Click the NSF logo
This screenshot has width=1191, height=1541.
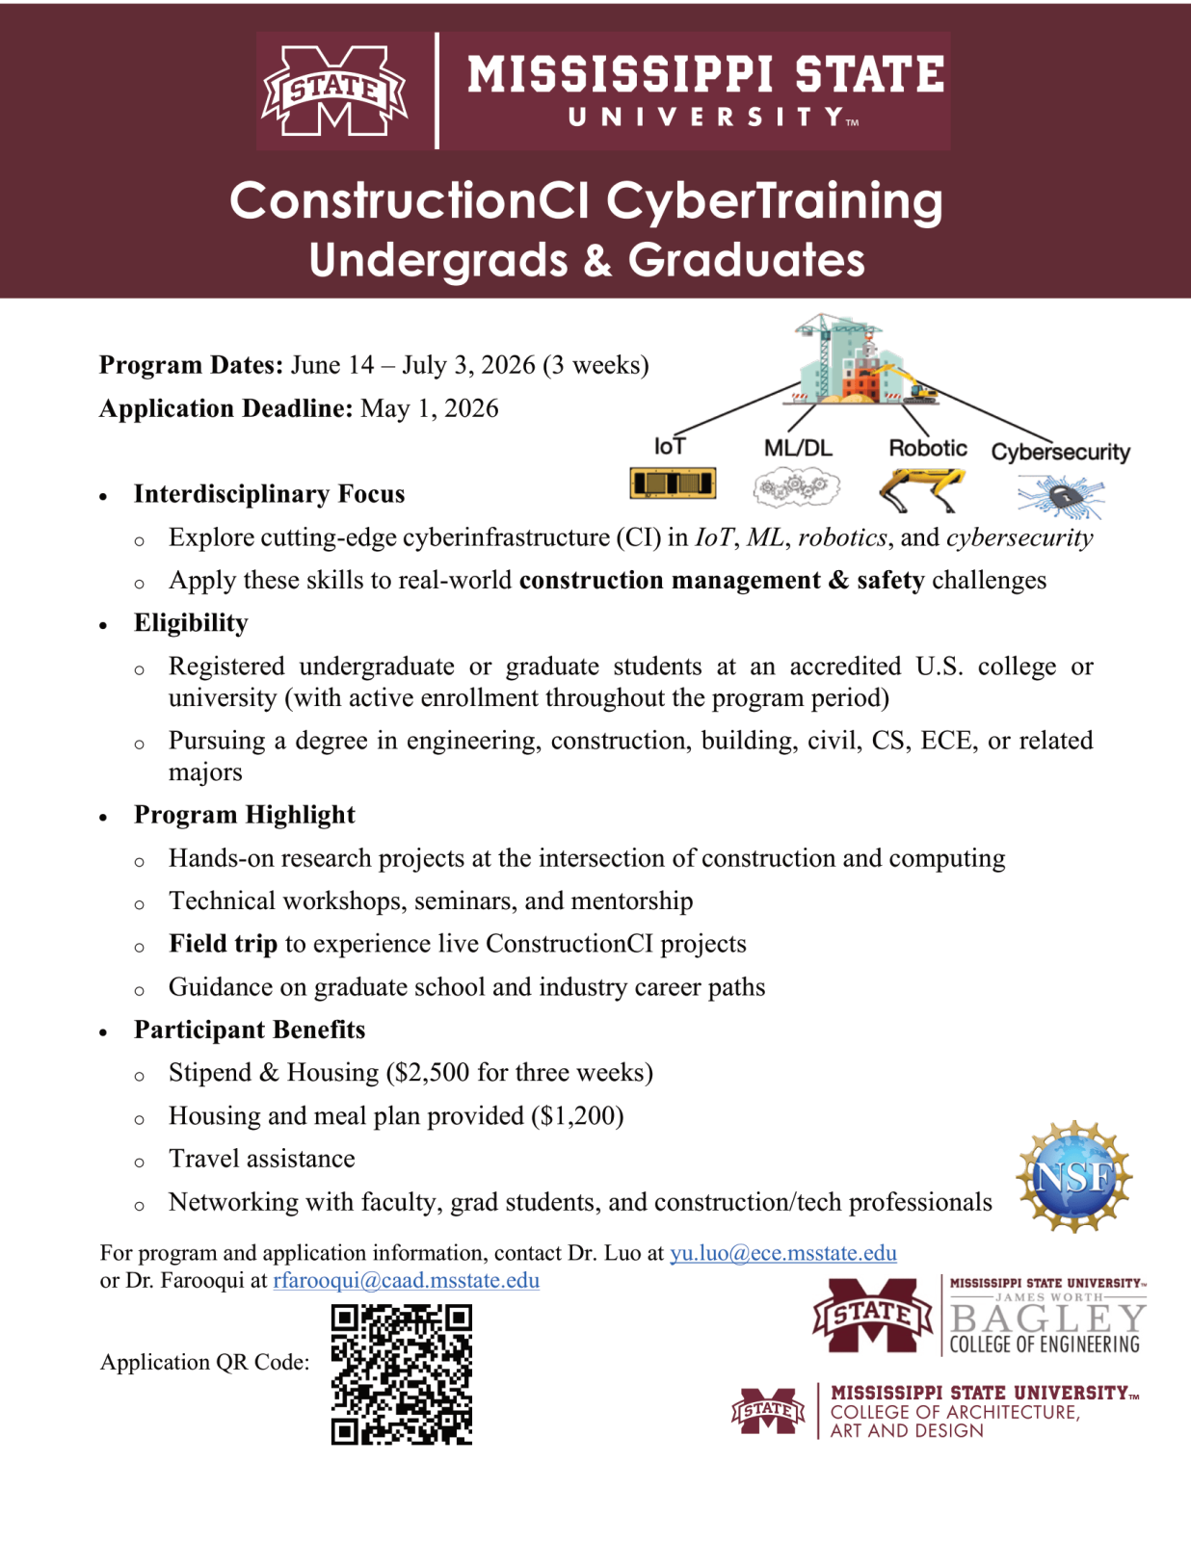coord(1073,1176)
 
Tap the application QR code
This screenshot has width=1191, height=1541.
coord(402,1374)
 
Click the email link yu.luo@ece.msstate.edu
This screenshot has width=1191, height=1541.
coord(782,1253)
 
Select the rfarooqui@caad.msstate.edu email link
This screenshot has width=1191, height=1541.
coord(406,1281)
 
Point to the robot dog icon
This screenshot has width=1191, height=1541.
coord(922,488)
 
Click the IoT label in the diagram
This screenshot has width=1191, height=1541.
coord(670,447)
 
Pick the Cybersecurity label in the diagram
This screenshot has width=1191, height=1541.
coord(1060,452)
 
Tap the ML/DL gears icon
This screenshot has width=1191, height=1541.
coord(796,487)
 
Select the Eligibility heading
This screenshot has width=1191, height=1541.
coord(191,623)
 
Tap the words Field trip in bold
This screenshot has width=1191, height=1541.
coord(223,944)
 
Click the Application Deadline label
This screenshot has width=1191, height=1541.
coord(225,408)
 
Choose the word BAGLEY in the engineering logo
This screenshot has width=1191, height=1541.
coord(1047,1318)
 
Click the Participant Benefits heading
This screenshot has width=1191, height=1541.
coord(250,1030)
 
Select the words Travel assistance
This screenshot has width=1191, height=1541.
coord(261,1159)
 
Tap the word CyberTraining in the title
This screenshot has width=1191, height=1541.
coord(774,201)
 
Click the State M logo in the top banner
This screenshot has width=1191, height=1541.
coord(335,91)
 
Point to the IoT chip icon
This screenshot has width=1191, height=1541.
coord(673,483)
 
